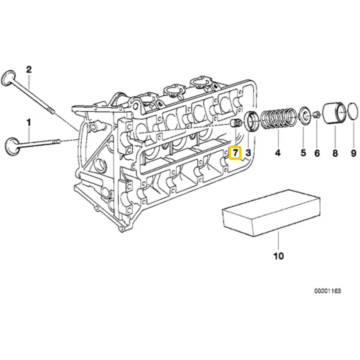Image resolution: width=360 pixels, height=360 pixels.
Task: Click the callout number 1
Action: click(29, 122)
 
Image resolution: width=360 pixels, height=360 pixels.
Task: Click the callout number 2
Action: click(29, 69)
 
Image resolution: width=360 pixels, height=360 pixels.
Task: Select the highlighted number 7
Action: click(235, 153)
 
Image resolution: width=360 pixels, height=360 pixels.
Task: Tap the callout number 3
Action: click(248, 153)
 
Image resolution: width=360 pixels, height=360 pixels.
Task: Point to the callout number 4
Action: click(278, 153)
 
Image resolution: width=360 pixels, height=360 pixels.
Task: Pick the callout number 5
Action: click(303, 153)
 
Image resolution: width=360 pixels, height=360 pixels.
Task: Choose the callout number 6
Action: click(317, 153)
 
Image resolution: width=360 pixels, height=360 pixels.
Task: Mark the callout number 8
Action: click(335, 153)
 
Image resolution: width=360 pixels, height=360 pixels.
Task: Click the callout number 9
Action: click(353, 153)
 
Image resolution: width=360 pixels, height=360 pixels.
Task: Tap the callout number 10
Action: click(278, 256)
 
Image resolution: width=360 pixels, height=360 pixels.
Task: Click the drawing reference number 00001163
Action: click(327, 291)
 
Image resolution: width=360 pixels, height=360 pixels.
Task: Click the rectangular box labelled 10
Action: click(271, 213)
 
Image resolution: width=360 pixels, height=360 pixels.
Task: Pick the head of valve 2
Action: click(8, 78)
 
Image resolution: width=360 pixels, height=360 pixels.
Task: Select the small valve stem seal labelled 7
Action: click(236, 124)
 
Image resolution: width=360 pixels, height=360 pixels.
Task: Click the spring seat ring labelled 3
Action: click(251, 121)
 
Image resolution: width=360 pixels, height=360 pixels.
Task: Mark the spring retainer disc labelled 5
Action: click(305, 116)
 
